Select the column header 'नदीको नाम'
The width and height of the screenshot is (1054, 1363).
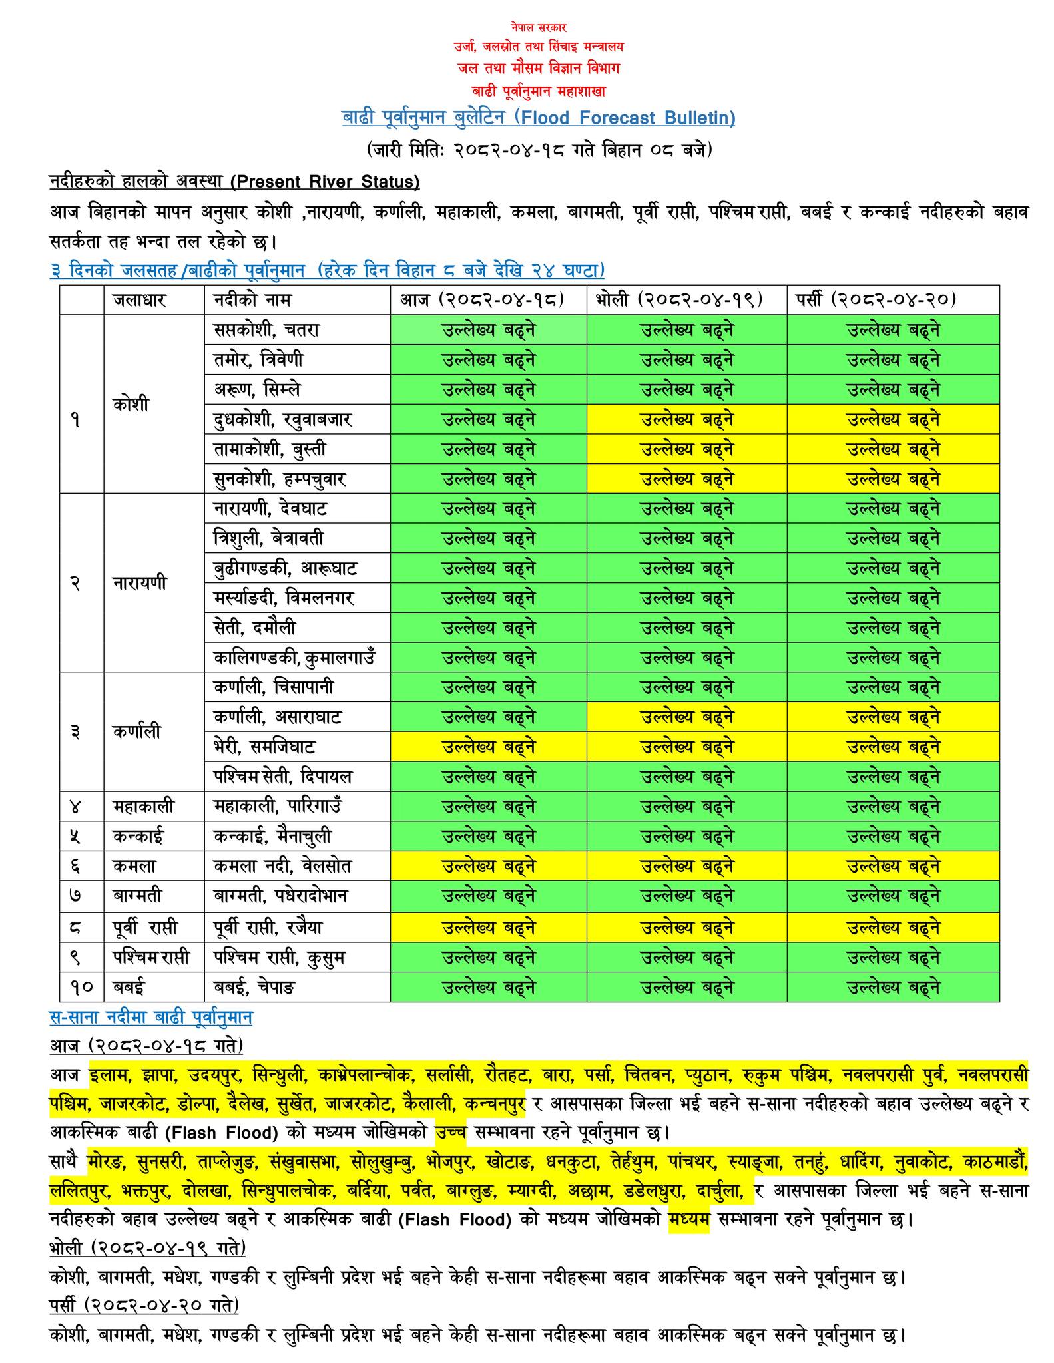coord(252,300)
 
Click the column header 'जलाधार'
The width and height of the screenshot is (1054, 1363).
coord(139,300)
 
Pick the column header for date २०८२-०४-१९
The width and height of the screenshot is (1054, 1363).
coord(686,300)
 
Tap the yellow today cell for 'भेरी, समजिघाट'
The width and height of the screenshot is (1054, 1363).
coord(488,747)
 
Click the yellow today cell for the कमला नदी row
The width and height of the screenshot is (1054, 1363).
coord(488,867)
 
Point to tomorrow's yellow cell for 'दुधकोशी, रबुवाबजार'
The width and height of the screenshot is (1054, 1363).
coord(686,420)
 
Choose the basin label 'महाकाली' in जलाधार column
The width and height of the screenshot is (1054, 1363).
coord(143,807)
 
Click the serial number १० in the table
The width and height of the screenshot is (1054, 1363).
coord(81,987)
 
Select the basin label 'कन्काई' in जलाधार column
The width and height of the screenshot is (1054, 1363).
coord(138,837)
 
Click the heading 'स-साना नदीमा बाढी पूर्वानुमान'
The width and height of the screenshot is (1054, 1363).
coord(150,1018)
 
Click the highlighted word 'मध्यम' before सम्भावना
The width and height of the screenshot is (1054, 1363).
coord(690,1221)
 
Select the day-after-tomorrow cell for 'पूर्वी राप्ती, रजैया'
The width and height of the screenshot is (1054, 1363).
coord(893,928)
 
